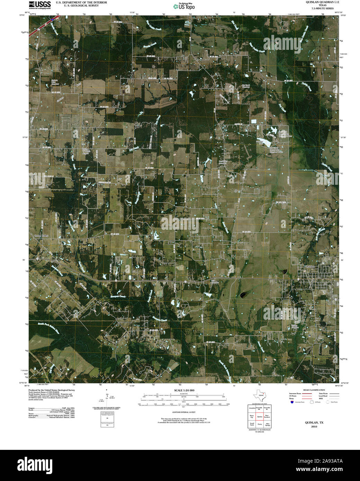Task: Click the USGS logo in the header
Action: (39, 4)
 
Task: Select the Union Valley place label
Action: (42, 236)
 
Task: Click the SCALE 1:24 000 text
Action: (184, 390)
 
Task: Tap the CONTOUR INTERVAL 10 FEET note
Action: (184, 412)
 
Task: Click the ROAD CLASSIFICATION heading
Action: (314, 390)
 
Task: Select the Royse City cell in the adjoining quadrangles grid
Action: (252, 417)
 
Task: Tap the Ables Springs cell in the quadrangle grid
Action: (267, 425)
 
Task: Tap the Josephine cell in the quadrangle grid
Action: (252, 409)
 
